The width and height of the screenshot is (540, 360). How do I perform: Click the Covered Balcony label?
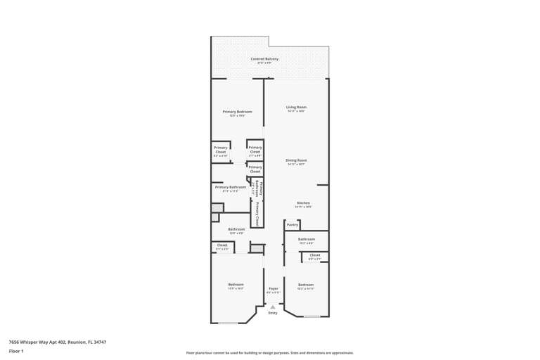[x=264, y=60]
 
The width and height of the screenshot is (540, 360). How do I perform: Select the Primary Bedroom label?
[x=237, y=112]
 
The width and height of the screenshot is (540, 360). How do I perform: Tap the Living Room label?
[x=296, y=108]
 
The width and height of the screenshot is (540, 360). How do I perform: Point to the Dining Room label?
[x=296, y=161]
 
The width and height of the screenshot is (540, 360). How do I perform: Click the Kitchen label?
[x=303, y=204]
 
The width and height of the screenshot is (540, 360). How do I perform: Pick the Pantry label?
[x=292, y=225]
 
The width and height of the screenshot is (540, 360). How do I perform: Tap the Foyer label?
[x=274, y=289]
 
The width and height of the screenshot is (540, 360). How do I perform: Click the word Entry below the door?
[x=273, y=313]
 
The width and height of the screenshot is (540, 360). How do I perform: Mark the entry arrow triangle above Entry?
[x=273, y=307]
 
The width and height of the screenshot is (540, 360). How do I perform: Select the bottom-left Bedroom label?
[x=236, y=285]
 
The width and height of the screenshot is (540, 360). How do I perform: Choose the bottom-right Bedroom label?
[x=305, y=285]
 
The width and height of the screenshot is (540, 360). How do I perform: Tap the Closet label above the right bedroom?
[x=314, y=256]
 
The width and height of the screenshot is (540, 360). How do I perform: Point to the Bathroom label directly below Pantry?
[x=306, y=240]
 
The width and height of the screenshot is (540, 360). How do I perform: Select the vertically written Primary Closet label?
[x=257, y=212]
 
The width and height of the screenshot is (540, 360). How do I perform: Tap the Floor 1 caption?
[x=16, y=351]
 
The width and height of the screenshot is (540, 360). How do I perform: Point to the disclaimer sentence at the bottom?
[x=269, y=353]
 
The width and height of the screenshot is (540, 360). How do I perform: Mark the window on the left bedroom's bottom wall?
[x=228, y=323]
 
